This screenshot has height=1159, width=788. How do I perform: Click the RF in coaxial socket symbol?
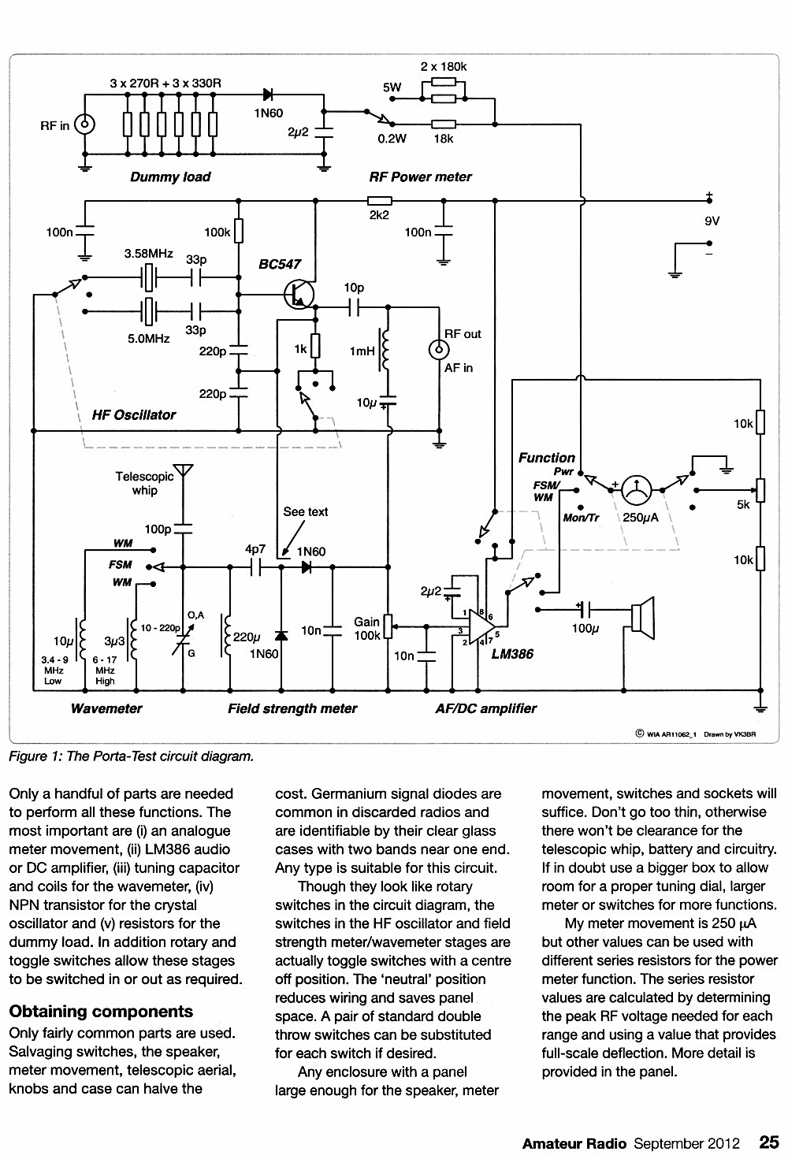(x=85, y=124)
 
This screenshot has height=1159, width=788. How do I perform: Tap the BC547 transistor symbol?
(x=299, y=295)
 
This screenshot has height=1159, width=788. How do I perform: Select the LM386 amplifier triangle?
(x=482, y=627)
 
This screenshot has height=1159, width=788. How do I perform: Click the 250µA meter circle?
(x=636, y=489)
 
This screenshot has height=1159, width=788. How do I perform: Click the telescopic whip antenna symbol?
(x=183, y=471)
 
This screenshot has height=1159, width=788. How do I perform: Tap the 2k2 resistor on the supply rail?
(x=379, y=201)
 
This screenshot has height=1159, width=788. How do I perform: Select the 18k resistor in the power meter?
(x=444, y=124)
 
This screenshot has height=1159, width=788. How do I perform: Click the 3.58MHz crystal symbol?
(x=148, y=277)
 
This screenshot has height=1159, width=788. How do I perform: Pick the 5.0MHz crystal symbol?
(x=148, y=311)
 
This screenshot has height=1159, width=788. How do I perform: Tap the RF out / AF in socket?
(x=439, y=351)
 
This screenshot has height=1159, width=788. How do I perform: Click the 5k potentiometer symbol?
(x=760, y=489)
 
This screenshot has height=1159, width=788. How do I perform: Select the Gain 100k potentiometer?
(x=388, y=627)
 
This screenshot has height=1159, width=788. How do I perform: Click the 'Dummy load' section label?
(x=170, y=177)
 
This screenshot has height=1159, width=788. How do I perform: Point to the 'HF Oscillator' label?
(x=134, y=415)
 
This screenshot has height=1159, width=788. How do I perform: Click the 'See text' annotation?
(x=305, y=511)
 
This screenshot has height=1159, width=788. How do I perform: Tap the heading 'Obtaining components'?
(x=101, y=1011)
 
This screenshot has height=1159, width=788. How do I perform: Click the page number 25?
(x=769, y=1142)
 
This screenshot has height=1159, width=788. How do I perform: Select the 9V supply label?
(x=712, y=221)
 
